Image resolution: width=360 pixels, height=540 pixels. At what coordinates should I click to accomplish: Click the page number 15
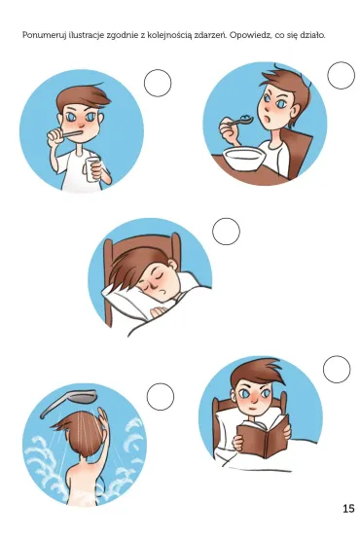(348, 508)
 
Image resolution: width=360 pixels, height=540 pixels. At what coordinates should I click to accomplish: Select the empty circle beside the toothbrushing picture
(158, 83)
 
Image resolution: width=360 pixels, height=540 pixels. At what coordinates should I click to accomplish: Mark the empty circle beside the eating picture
(341, 76)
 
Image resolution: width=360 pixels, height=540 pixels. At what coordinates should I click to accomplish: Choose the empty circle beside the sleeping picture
(226, 232)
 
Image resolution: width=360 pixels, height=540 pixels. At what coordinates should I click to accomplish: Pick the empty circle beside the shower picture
(161, 397)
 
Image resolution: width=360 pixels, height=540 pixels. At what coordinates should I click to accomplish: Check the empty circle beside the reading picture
(337, 369)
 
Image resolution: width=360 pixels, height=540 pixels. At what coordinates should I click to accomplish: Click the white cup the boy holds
(91, 169)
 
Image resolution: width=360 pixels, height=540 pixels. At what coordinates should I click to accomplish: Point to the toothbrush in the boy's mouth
(71, 132)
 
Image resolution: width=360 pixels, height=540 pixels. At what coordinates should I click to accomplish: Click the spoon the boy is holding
(241, 121)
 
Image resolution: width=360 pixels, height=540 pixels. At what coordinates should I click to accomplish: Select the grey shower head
(68, 401)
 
